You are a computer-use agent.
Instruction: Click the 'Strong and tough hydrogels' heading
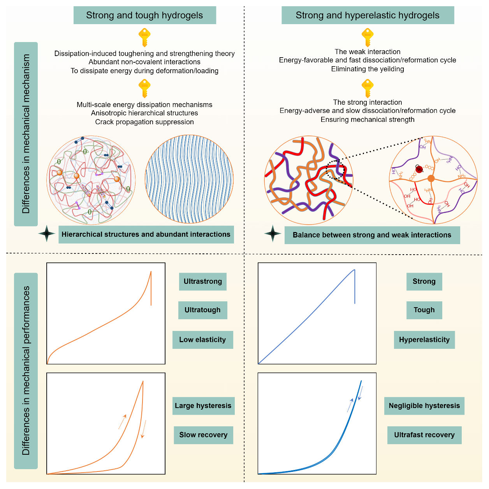click(x=144, y=16)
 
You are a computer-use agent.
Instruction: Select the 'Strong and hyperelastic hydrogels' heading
click(x=368, y=16)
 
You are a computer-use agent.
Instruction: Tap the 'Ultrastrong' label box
click(x=202, y=281)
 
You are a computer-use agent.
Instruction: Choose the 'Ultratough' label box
click(x=202, y=310)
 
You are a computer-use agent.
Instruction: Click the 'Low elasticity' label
click(x=202, y=339)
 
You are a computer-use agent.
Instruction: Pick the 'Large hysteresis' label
click(x=203, y=406)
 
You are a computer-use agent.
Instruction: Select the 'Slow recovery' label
click(x=203, y=435)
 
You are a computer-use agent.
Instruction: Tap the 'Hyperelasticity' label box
click(x=424, y=339)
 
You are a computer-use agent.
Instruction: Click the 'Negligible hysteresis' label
click(x=424, y=406)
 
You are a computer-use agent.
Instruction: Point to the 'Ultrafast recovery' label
click(x=424, y=435)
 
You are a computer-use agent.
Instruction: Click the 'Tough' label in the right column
click(x=424, y=310)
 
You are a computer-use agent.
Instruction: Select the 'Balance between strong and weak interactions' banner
click(x=372, y=235)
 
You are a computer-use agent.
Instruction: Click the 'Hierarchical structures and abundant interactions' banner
click(x=146, y=234)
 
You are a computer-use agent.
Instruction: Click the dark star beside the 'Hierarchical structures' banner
click(x=47, y=234)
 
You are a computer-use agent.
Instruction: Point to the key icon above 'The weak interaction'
click(x=368, y=37)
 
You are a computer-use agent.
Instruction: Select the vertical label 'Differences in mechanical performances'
click(x=26, y=371)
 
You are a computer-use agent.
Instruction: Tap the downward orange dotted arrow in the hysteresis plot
click(x=144, y=429)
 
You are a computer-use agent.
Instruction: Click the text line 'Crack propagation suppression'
click(x=144, y=122)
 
